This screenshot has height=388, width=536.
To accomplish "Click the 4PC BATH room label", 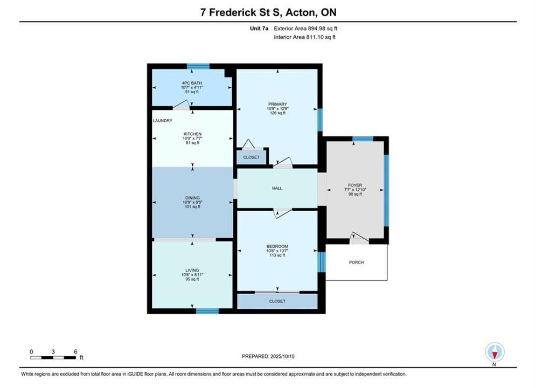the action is (x=192, y=83).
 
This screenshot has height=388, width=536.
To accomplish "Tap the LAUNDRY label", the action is (x=163, y=121).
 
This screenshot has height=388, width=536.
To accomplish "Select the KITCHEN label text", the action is (x=192, y=134).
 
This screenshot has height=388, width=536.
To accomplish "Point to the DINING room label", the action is (x=192, y=198).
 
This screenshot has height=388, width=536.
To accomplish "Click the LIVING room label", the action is (x=192, y=271).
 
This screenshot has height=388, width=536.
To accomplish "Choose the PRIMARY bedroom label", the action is (x=277, y=104).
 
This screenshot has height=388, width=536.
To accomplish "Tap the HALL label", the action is (x=277, y=189).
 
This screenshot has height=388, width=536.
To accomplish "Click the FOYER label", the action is (x=355, y=185).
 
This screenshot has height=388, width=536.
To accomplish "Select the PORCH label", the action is (x=357, y=262).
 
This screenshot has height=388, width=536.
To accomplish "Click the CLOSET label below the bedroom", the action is (x=277, y=302).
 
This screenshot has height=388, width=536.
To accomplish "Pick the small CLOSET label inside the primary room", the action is (x=251, y=157).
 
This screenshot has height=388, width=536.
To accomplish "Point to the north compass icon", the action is (x=495, y=352).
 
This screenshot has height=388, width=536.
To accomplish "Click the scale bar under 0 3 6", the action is (x=53, y=358).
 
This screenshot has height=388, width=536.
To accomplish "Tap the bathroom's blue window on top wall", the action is (x=198, y=66).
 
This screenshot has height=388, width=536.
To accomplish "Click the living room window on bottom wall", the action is (x=207, y=311).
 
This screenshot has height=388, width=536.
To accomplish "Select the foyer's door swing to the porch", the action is (x=359, y=238).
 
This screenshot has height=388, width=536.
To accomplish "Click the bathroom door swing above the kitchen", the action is (x=181, y=105).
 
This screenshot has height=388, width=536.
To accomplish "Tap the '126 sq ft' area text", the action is (x=277, y=113).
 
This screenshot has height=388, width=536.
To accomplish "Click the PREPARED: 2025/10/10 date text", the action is (x=268, y=356).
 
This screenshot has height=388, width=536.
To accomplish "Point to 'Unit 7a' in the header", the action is (x=259, y=29).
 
